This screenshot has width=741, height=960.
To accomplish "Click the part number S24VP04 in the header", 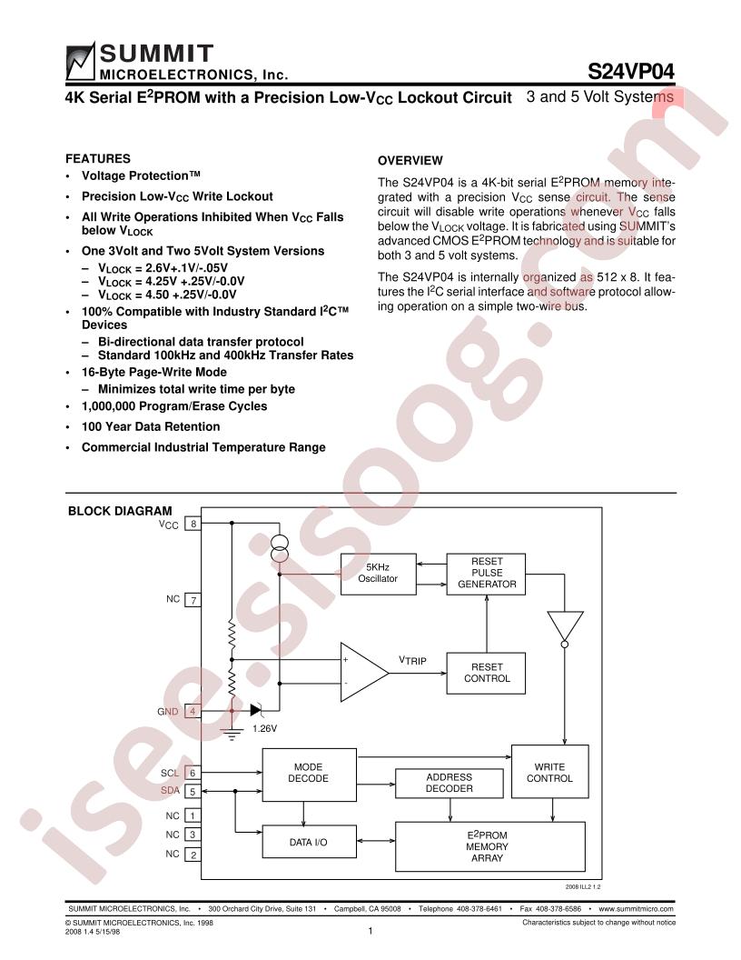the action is (631, 72).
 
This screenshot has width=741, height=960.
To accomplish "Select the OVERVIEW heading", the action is (410, 160).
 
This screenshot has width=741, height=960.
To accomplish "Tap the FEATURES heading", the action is (98, 158).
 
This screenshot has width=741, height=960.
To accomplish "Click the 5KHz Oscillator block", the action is (378, 574).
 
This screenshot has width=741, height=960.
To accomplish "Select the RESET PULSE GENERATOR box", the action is (486, 574).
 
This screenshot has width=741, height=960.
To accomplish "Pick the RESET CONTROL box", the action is (486, 673).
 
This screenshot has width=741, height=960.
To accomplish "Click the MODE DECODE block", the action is (309, 774).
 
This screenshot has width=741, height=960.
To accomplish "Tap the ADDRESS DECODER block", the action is (450, 783).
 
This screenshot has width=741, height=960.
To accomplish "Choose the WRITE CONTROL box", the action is (549, 772).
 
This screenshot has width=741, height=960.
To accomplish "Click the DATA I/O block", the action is (309, 842).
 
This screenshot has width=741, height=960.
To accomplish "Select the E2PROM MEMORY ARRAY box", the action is (489, 846).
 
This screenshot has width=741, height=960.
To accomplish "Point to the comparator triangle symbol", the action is (363, 672).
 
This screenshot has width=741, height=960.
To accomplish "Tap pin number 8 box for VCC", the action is (193, 524).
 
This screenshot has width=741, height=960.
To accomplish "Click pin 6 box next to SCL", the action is (193, 773).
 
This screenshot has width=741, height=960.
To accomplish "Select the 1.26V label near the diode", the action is (265, 728).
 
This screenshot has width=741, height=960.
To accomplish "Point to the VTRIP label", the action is (412, 660).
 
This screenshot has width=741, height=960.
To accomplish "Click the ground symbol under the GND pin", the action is (232, 734).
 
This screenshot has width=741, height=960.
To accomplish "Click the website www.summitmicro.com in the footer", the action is (637, 908).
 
